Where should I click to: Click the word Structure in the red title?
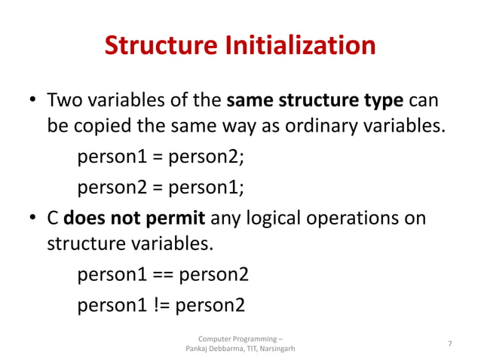pyautogui.click(x=156, y=46)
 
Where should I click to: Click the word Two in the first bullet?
pyautogui.click(x=63, y=99)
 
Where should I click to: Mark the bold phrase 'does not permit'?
pyautogui.click(x=134, y=219)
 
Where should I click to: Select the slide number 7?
pyautogui.click(x=450, y=344)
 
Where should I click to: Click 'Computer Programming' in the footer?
pyautogui.click(x=237, y=338)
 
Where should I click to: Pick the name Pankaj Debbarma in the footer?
pyautogui.click(x=214, y=349)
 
